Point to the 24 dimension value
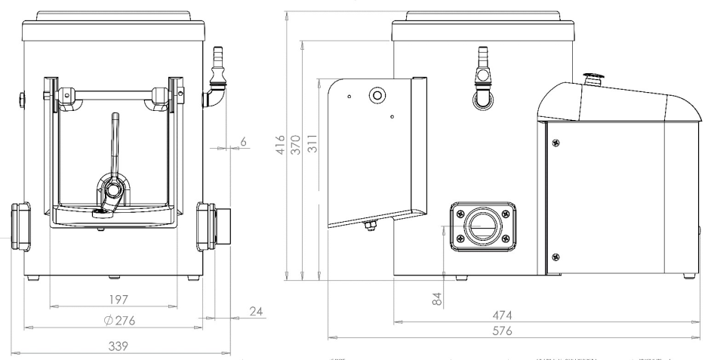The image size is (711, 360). coord(255,311)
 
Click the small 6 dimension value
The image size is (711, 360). coord(243,141)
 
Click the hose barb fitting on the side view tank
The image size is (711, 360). coord(481,65)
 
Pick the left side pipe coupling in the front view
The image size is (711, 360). coord(20,225)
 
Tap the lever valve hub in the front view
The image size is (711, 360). coord(112,189)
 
